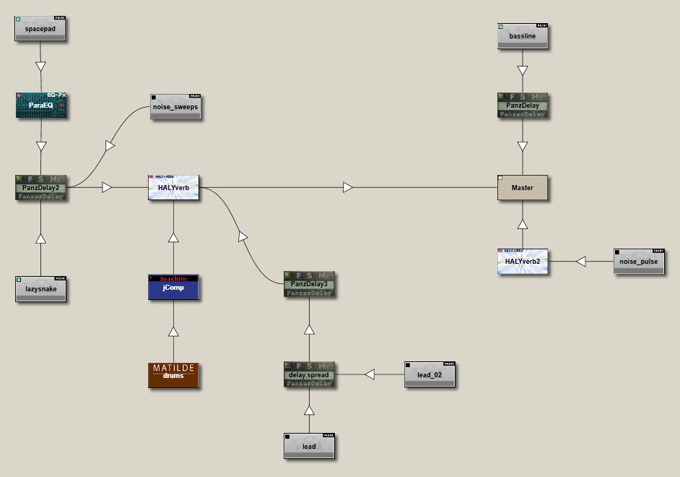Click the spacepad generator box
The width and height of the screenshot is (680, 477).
click(x=40, y=29)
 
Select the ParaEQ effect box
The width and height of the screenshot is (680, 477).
click(x=41, y=105)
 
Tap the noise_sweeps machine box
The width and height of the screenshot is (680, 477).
click(x=175, y=107)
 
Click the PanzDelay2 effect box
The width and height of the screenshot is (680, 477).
click(x=40, y=187)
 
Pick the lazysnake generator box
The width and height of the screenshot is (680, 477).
click(x=40, y=289)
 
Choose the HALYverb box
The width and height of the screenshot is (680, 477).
click(x=173, y=187)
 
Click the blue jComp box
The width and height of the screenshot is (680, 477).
click(x=173, y=287)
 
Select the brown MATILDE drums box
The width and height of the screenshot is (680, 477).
click(x=173, y=375)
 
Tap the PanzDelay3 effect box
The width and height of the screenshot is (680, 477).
click(x=309, y=284)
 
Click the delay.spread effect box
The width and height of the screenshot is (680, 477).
click(x=309, y=374)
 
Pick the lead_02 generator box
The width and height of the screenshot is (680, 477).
click(x=430, y=374)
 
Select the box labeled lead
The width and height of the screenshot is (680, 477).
click(x=309, y=446)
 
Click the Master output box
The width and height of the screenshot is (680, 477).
click(x=523, y=187)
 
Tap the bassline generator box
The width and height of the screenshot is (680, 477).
click(x=523, y=35)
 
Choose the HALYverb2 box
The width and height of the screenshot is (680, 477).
click(x=523, y=261)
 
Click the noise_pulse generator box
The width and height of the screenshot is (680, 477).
click(x=639, y=261)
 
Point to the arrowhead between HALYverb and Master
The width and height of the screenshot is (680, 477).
click(x=348, y=187)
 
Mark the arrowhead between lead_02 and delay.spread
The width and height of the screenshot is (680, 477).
click(x=370, y=374)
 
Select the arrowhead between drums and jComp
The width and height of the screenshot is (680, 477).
click(x=173, y=331)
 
